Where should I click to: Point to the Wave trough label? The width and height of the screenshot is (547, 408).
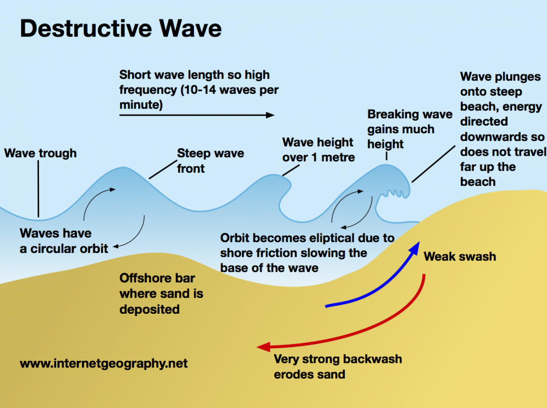point(41,153)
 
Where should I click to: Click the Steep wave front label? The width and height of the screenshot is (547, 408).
point(210,161)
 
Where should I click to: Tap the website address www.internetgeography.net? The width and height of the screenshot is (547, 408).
point(104,363)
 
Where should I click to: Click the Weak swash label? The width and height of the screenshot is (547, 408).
point(459,256)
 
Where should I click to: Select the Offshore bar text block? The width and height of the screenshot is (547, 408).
point(161,293)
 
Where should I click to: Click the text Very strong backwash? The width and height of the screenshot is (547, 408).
point(337,359)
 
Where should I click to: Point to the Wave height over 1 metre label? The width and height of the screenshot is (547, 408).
point(318,150)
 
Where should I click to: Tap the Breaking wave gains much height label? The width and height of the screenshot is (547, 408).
point(409,129)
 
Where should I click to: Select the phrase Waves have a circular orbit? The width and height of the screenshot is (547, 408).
point(63,241)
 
